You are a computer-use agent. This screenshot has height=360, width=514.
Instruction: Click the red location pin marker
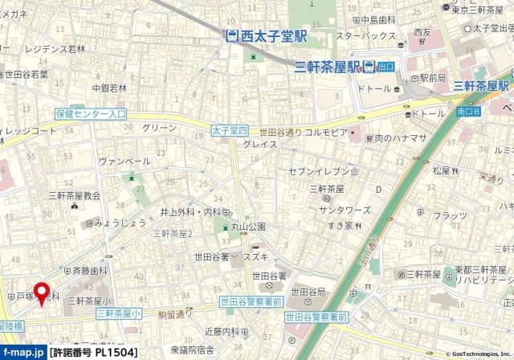(x=41, y=292)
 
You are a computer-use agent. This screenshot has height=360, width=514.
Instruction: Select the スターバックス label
(x=365, y=36)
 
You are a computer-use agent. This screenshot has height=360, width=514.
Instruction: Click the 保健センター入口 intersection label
(x=91, y=114)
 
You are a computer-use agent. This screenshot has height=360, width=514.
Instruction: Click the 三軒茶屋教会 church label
(x=74, y=195)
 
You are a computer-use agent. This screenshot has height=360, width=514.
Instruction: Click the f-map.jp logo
(x=22, y=351)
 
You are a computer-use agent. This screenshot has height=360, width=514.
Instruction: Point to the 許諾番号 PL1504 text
(x=86, y=351)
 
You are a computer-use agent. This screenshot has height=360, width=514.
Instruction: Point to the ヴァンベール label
(x=124, y=161)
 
